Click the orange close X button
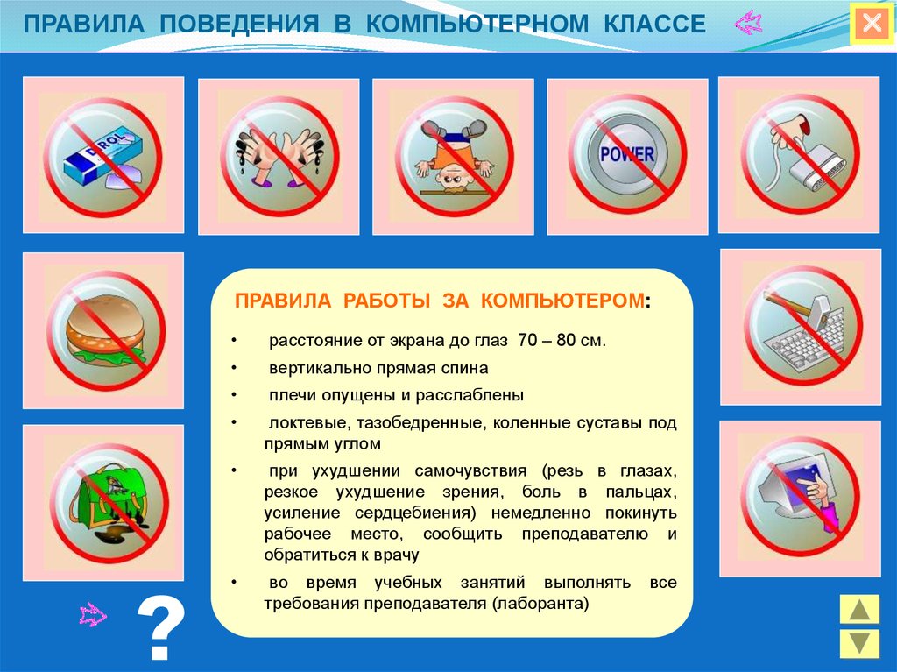(x=872, y=24)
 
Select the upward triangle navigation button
(x=859, y=609)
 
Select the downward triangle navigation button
(x=859, y=643)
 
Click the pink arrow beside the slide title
(x=749, y=24)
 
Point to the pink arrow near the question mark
(x=93, y=614)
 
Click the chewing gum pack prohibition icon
(x=103, y=155)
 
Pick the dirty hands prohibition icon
(x=279, y=156)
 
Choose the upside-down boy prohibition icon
(x=453, y=156)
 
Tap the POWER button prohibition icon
(x=627, y=155)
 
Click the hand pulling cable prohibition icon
(x=799, y=155)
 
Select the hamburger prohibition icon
(x=104, y=331)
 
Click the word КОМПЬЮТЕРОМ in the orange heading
(x=562, y=301)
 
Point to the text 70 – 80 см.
(x=562, y=340)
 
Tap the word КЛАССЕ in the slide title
(x=654, y=24)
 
